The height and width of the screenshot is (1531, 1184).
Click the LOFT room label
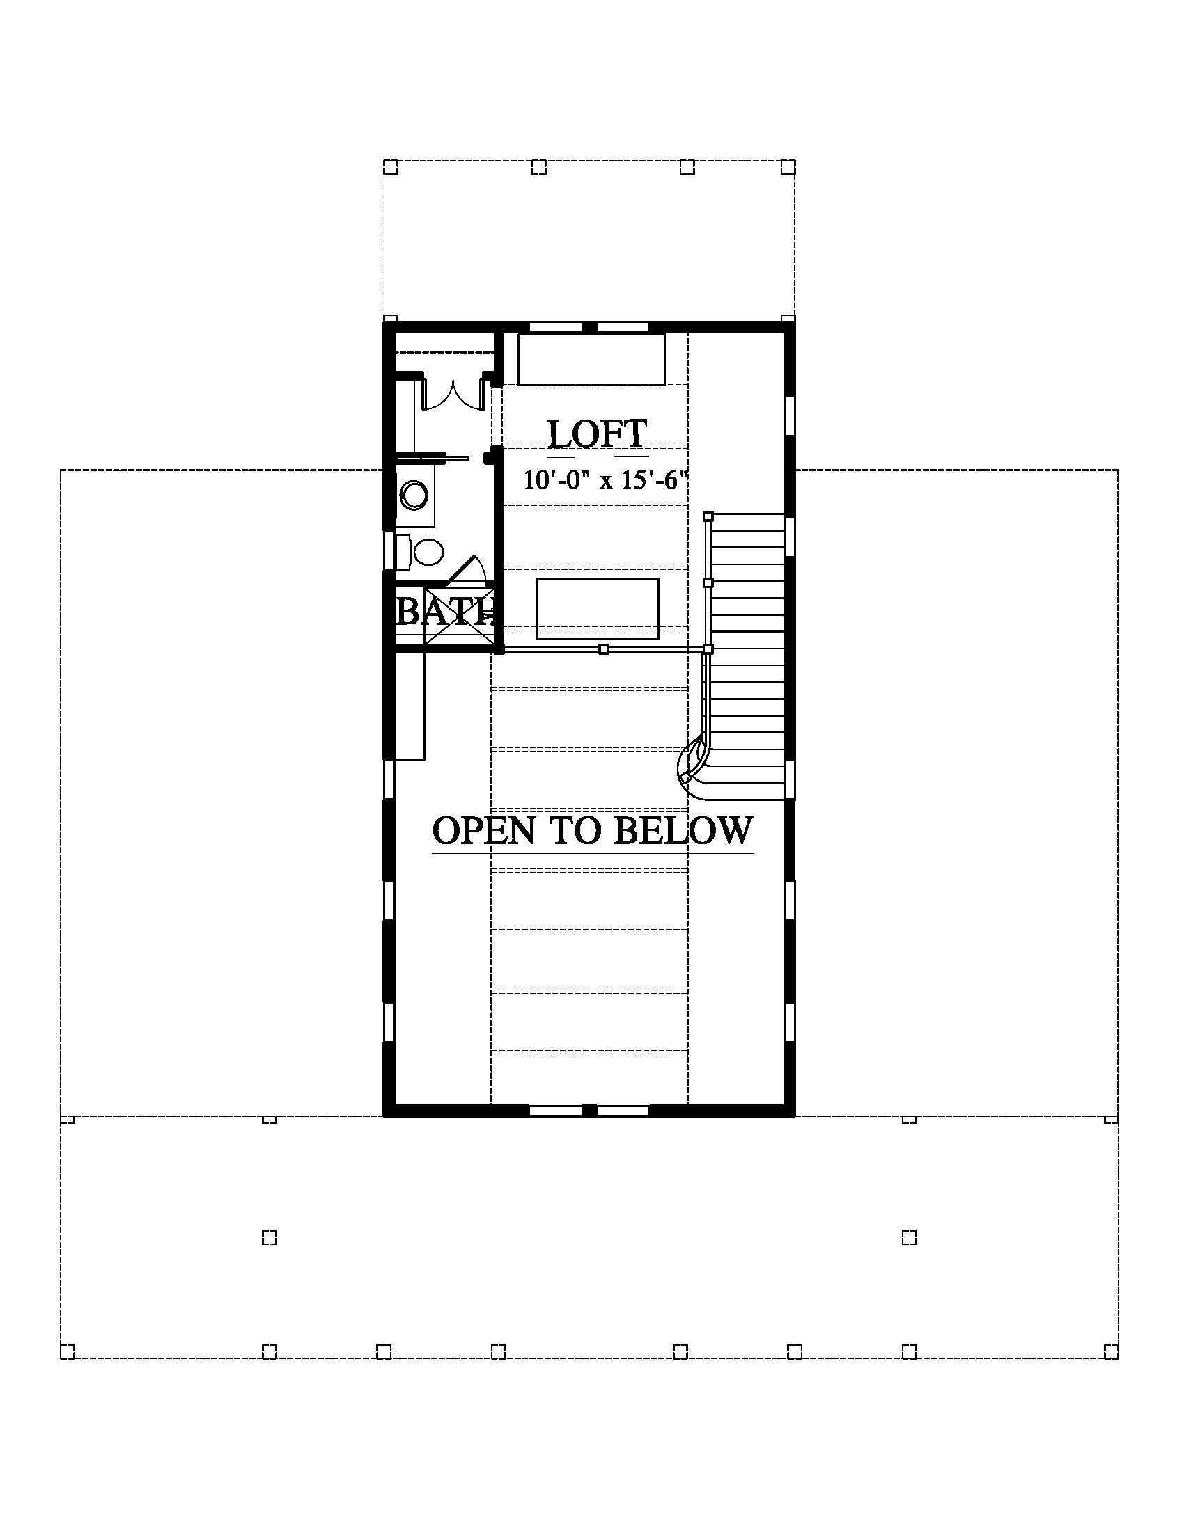597,434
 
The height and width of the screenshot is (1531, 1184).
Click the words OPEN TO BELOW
593,831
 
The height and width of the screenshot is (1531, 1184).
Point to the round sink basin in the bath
414,495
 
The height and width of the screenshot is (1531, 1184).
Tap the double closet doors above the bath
453,395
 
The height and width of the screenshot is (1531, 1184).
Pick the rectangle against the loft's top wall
591,360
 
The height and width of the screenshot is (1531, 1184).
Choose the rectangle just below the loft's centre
598,608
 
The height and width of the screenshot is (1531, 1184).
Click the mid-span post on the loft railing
604,650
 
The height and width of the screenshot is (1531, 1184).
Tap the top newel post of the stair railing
708,516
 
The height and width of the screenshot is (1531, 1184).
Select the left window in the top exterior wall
556,326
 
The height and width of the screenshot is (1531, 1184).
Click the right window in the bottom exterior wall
623,1111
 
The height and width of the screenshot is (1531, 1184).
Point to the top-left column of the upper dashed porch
391,168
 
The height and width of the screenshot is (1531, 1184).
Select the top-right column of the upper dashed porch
788,168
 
